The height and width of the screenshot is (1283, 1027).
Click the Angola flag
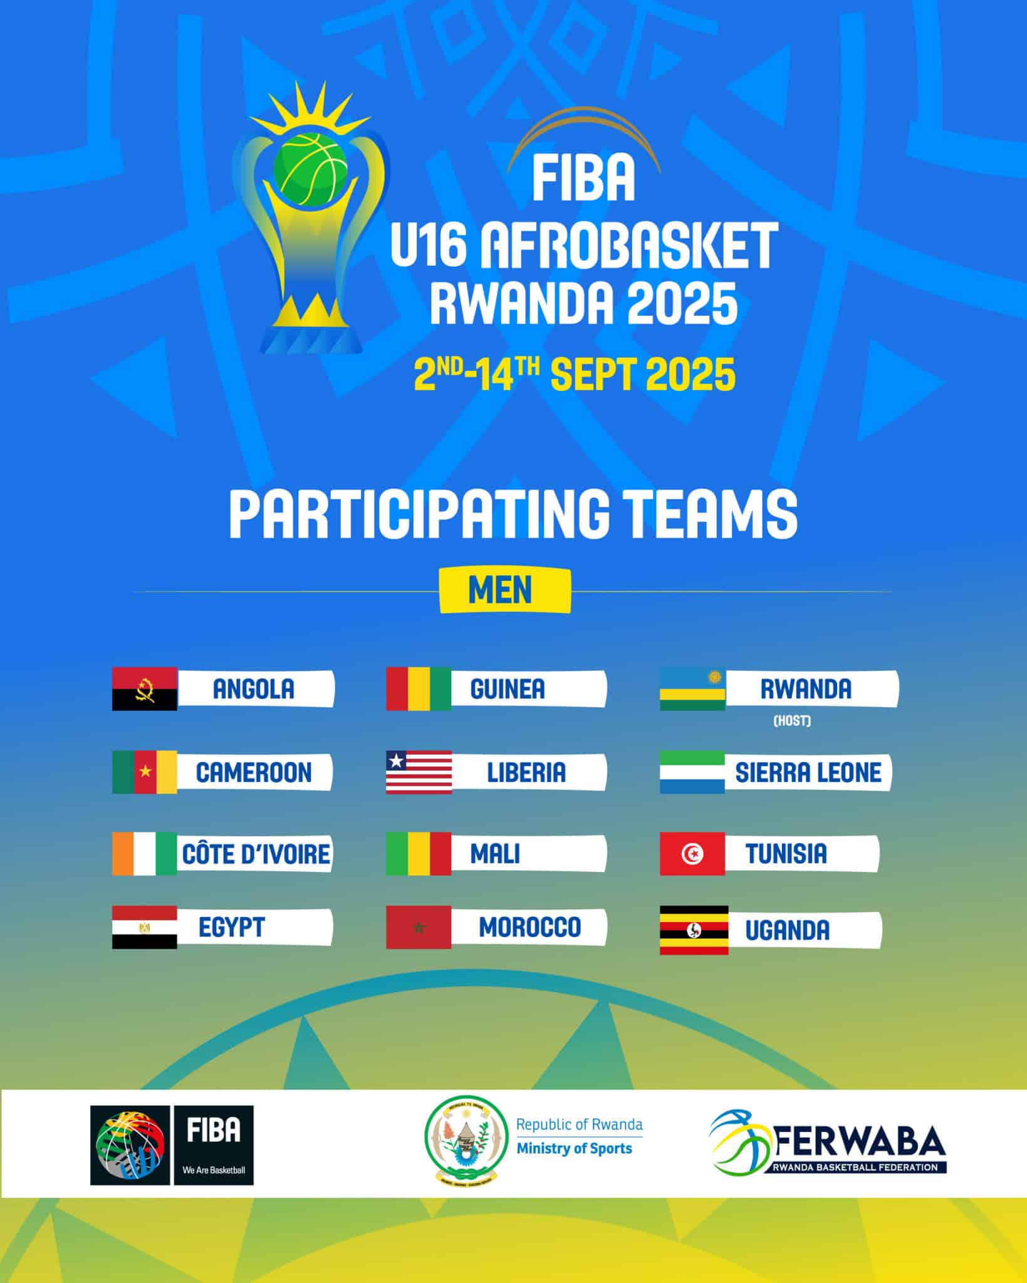pos(145,689)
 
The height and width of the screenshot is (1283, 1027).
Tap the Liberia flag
pos(419,772)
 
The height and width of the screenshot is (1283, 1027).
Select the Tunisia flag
pos(692,853)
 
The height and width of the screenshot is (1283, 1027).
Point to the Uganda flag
pos(694,930)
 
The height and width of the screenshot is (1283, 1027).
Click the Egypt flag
pos(145,927)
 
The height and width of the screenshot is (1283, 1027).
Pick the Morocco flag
pos(419,927)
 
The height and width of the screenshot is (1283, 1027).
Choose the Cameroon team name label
pos(254,772)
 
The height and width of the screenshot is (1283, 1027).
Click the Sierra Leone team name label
pos(808,772)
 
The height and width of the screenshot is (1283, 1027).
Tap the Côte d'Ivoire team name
pos(256,853)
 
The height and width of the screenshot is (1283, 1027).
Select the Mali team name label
pos(495,853)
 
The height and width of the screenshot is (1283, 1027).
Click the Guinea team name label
pos(508,689)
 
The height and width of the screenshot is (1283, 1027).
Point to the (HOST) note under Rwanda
pos(792,721)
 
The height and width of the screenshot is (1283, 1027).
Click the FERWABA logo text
pos(861,1143)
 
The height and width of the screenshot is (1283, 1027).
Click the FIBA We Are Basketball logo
pos(172,1145)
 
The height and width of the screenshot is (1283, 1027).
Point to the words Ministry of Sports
pos(574,1148)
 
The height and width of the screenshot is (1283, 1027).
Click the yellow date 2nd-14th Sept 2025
pos(575,373)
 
